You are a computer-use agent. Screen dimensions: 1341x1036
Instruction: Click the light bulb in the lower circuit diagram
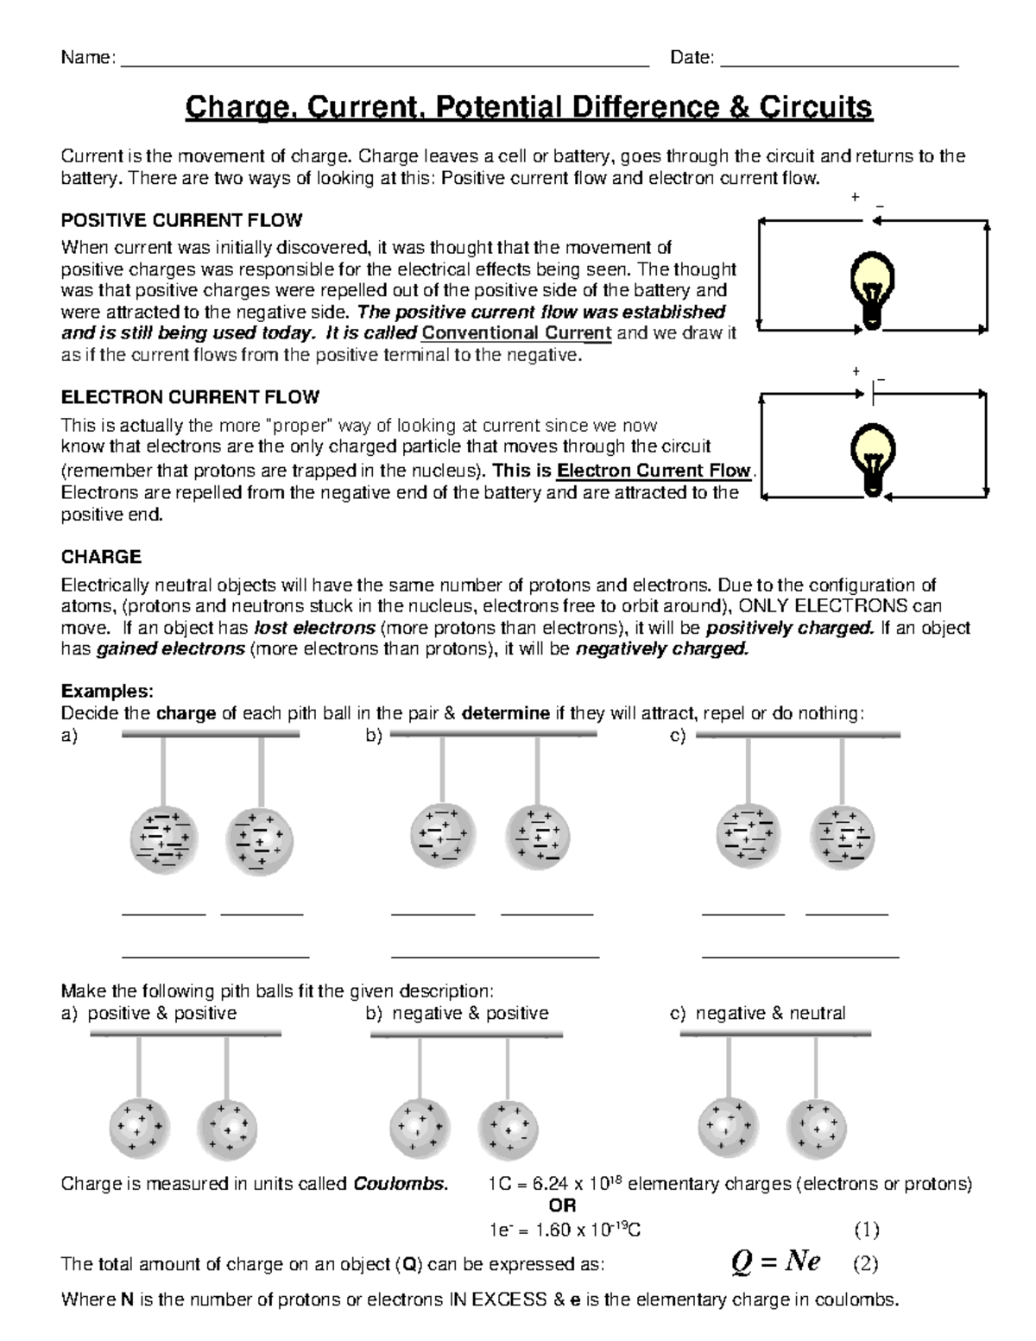point(873,458)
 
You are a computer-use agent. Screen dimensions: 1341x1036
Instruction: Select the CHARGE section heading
point(101,557)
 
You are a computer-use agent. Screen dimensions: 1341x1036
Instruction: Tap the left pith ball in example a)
point(164,838)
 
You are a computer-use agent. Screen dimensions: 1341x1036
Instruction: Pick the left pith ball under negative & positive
point(420,1128)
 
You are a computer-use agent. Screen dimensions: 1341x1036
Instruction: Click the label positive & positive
point(161,1013)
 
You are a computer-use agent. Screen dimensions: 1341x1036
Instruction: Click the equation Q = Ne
point(775,1262)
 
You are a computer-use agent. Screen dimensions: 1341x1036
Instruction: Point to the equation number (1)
point(866,1230)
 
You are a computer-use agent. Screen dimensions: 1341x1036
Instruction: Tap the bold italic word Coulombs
point(401,1184)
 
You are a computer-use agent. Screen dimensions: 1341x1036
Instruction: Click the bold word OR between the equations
point(562,1205)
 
